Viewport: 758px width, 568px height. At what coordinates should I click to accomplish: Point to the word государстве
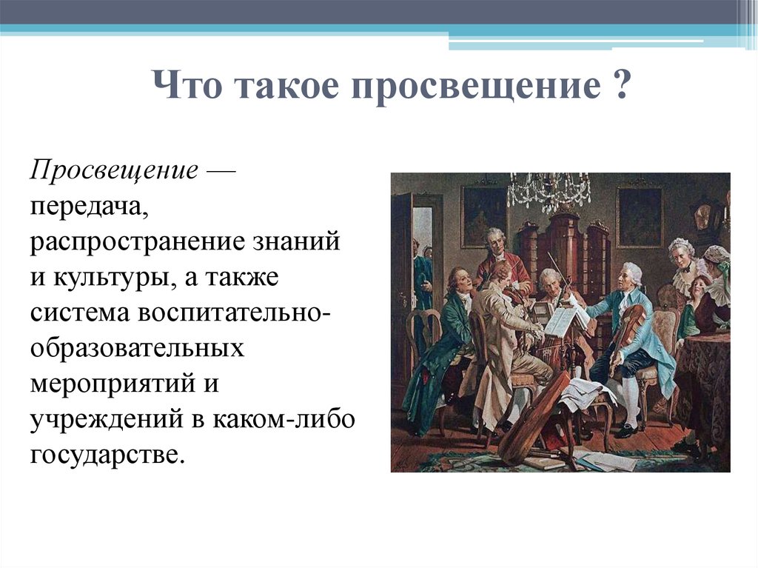pyautogui.click(x=106, y=451)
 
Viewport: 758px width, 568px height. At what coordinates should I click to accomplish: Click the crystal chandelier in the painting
pyautogui.click(x=549, y=190)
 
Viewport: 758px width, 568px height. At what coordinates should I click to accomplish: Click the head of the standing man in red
pyautogui.click(x=494, y=238)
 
